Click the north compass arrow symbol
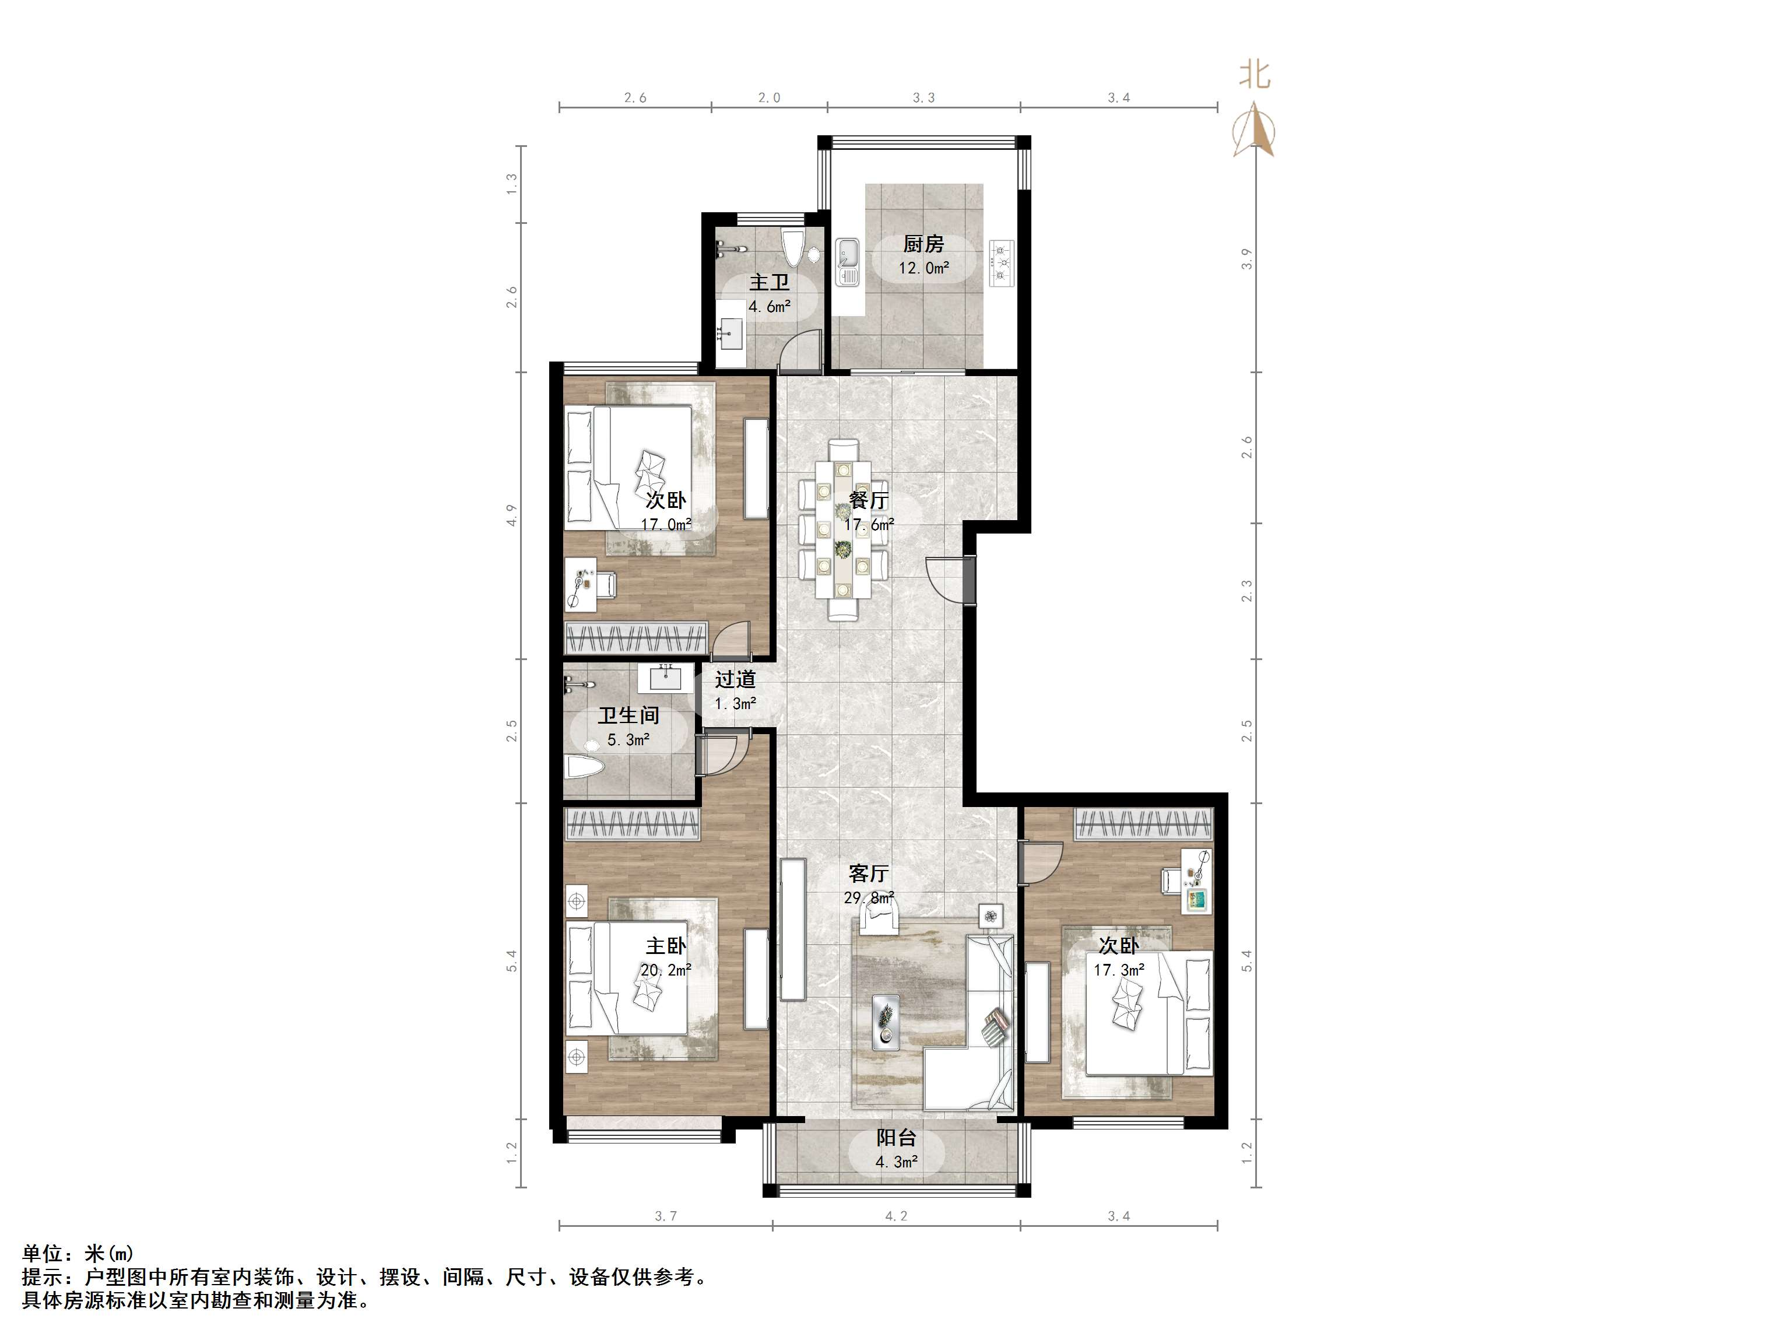(x=1254, y=131)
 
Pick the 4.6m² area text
(x=770, y=306)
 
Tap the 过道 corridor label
(x=735, y=680)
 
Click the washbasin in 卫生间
(x=665, y=678)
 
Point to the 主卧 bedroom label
(x=666, y=946)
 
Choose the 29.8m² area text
(x=869, y=897)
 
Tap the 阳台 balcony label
(x=895, y=1138)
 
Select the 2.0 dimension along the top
(x=769, y=98)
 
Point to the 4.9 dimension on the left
(x=511, y=515)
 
